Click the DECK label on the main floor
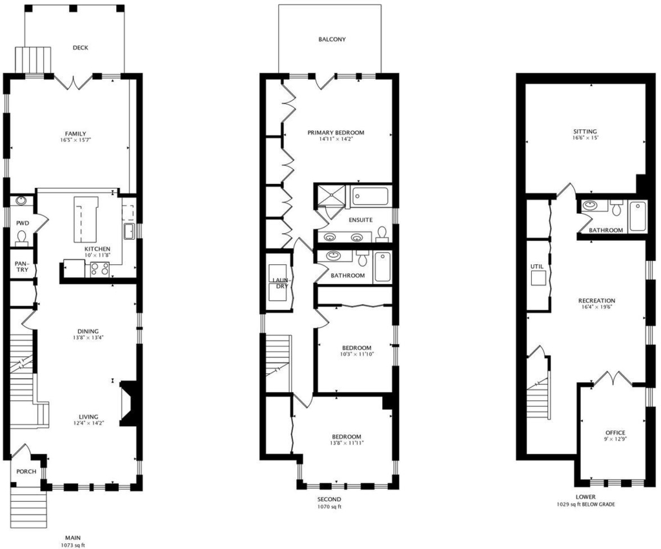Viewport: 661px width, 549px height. coord(80,48)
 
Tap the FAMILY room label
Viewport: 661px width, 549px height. coord(76,134)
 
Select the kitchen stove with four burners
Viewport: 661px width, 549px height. coord(100,269)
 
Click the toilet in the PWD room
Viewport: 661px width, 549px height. coord(21,238)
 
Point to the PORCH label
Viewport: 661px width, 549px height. coord(26,471)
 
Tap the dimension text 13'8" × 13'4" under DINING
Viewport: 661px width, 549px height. coord(88,337)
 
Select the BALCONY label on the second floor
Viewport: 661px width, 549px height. coord(332,39)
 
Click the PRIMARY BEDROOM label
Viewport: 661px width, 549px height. coord(336,132)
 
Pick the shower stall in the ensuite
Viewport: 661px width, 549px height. coord(331,196)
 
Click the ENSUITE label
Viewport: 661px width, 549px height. coord(360,220)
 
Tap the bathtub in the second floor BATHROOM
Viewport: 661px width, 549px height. coord(383,267)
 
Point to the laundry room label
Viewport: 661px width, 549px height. coord(280,283)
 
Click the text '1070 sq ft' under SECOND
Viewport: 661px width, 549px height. coord(329,506)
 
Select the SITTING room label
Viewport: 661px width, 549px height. coord(585,132)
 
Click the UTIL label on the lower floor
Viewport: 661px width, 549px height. coord(537,267)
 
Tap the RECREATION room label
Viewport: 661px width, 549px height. coord(596,300)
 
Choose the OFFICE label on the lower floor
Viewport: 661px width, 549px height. coord(615,433)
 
